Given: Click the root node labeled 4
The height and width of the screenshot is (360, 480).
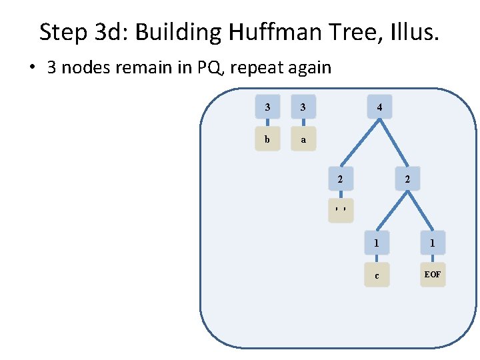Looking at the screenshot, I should coord(379,107).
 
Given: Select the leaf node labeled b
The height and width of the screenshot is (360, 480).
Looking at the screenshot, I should coord(267,140).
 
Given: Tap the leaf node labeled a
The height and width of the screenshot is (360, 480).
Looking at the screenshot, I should coord(303,140).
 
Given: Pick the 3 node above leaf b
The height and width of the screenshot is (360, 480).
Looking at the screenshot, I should coord(267,107).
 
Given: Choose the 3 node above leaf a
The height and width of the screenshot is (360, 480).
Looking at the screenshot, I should coord(303,107).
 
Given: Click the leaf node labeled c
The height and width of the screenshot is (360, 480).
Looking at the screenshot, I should coord(377,275).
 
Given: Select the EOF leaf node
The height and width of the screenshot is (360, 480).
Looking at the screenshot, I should coord(433,275).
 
